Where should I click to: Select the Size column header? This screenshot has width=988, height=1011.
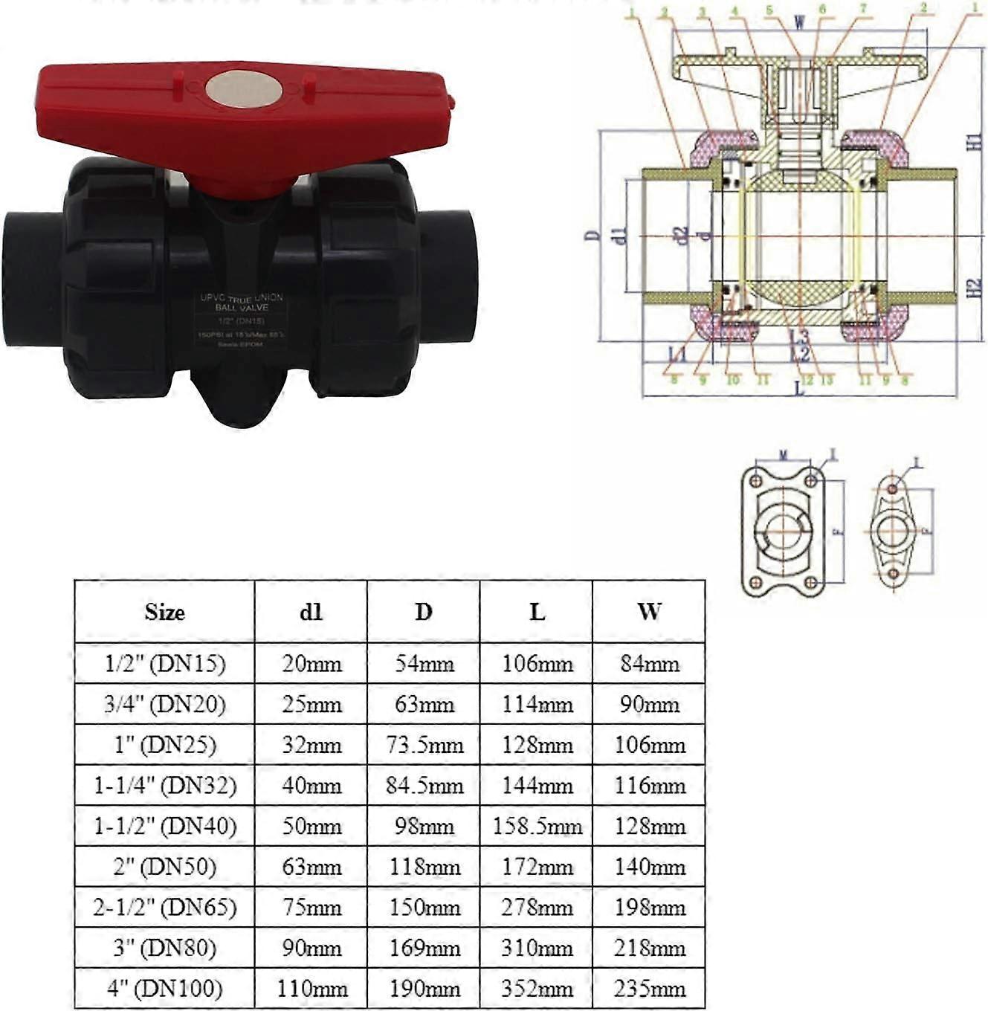[x=164, y=612]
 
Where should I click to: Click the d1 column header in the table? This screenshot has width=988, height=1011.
[x=311, y=612]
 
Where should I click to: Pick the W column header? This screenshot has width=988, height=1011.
[x=648, y=612]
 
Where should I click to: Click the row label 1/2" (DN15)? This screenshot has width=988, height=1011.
[x=164, y=663]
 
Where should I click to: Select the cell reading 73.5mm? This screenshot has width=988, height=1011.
[x=424, y=745]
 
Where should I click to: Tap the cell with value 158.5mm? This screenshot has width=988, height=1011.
[x=537, y=826]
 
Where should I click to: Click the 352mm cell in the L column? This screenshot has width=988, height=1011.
[x=537, y=989]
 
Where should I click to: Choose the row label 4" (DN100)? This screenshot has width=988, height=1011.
[x=164, y=989]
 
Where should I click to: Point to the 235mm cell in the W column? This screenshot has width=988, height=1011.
[x=648, y=989]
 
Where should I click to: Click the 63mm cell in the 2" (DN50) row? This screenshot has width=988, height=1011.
[x=311, y=867]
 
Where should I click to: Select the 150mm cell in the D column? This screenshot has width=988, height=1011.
[x=424, y=908]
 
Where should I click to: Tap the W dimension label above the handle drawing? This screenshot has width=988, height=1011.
[x=799, y=22]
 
